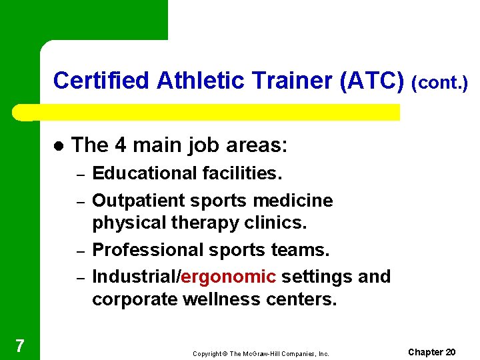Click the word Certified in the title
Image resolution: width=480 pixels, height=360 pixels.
101,81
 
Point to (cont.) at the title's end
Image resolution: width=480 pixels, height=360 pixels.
440,83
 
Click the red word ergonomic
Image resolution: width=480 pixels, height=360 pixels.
228,277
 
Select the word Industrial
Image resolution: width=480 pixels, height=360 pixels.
135,277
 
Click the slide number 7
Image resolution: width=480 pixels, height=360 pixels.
20,345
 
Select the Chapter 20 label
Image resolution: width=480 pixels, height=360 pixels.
431,352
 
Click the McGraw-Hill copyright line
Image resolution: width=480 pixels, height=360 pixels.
261,354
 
